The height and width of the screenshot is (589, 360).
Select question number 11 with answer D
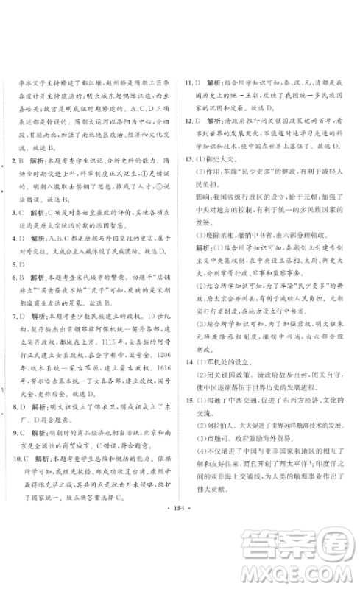[x=188, y=83]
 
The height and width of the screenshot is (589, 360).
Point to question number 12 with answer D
[x=188, y=121]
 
